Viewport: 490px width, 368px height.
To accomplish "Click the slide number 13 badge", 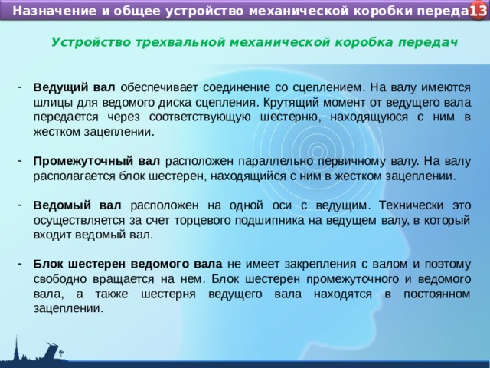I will tap(477, 11).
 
